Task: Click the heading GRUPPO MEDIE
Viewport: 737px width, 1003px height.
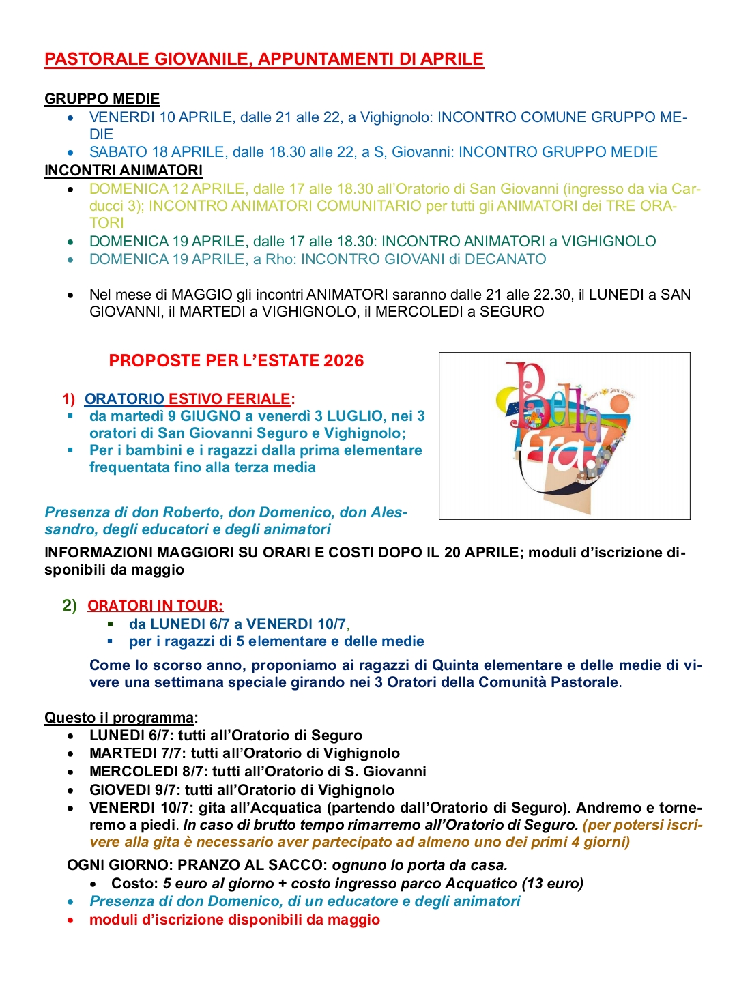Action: click(x=102, y=99)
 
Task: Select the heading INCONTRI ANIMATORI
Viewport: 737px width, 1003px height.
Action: click(x=124, y=171)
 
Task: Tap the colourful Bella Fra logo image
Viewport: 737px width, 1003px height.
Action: click(x=564, y=435)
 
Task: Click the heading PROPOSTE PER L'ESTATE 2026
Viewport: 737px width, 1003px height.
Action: click(x=236, y=361)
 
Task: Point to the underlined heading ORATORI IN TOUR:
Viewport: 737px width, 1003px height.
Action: click(x=155, y=606)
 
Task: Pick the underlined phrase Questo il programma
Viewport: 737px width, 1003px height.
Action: click(x=119, y=718)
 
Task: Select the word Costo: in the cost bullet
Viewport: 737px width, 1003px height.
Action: click(x=135, y=884)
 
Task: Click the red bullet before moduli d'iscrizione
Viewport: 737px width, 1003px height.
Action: click(x=71, y=920)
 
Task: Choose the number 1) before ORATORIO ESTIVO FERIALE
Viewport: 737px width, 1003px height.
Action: click(x=69, y=399)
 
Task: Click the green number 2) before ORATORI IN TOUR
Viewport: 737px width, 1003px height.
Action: click(x=70, y=606)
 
